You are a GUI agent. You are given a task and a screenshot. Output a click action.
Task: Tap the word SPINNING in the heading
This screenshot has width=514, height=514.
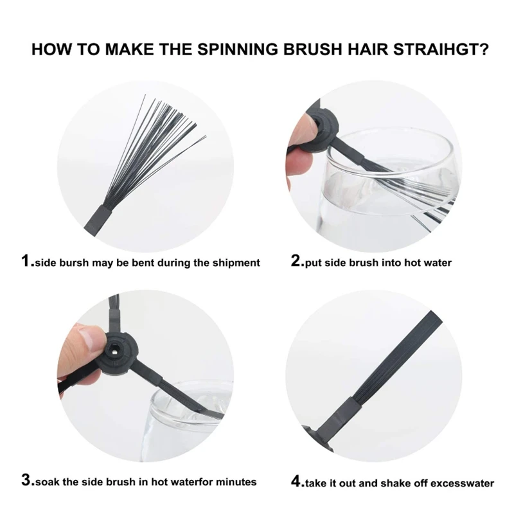[239, 49]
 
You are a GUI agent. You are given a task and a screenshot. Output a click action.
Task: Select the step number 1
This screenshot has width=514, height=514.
[26, 261]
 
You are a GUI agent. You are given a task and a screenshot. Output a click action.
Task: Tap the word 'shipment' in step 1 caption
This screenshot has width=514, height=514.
[236, 263]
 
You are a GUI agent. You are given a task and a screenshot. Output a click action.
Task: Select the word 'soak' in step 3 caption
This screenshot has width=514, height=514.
[46, 481]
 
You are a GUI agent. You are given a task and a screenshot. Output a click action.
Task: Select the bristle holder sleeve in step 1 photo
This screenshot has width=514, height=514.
[98, 220]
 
